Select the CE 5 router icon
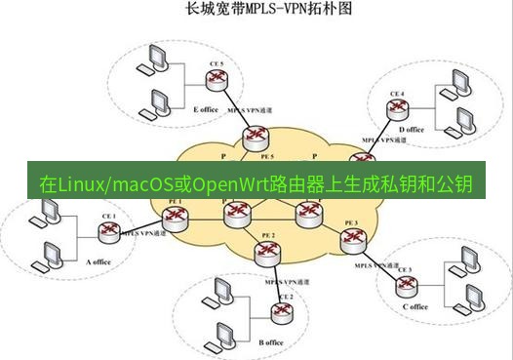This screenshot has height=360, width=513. tap(217, 83)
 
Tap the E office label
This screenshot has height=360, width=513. tap(206, 109)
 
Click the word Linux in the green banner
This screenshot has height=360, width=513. tap(81, 183)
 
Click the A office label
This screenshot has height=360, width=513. tap(101, 261)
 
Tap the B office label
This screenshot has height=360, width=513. tap(271, 342)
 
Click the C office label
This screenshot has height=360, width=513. tap(414, 306)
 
